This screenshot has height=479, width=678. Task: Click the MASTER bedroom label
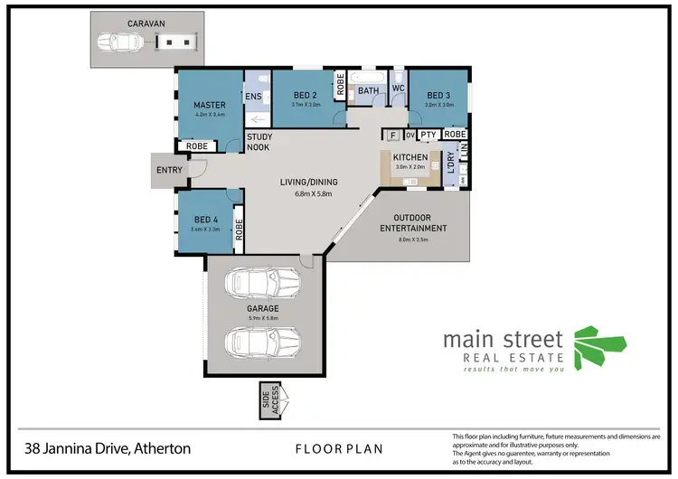pyautogui.click(x=209, y=104)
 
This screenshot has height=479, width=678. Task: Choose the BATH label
pyautogui.click(x=367, y=90)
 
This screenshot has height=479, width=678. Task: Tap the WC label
pyautogui.click(x=397, y=89)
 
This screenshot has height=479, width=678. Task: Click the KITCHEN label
pyautogui.click(x=410, y=157)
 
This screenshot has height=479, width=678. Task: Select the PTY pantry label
pyautogui.click(x=428, y=135)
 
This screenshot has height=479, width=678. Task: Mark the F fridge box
pyautogui.click(x=391, y=135)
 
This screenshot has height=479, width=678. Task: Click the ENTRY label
pyautogui.click(x=170, y=170)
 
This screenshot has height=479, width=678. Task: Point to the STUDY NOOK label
pyautogui.click(x=259, y=142)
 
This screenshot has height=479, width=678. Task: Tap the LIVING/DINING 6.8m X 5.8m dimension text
pyautogui.click(x=314, y=194)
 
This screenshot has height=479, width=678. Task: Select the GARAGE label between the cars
pyautogui.click(x=262, y=308)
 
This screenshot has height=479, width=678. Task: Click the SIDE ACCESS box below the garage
pyautogui.click(x=270, y=399)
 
